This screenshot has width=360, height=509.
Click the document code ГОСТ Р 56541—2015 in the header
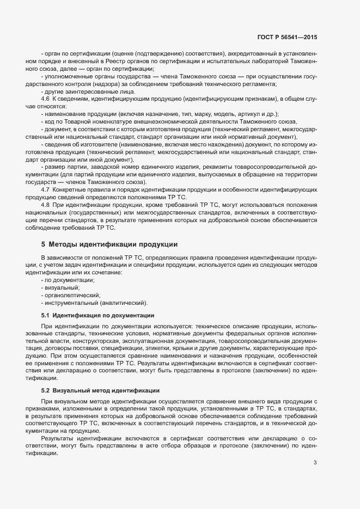287,37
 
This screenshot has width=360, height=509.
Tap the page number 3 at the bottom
315,447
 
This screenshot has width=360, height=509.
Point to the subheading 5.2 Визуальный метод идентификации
100,390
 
